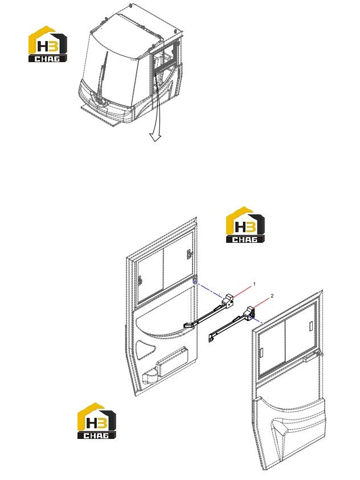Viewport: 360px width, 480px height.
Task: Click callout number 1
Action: pyautogui.click(x=254, y=284)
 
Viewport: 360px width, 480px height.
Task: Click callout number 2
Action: pyautogui.click(x=272, y=296)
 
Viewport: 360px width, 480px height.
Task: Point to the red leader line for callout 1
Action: pyautogui.click(x=243, y=291)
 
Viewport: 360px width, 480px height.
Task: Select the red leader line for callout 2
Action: pyautogui.click(x=261, y=303)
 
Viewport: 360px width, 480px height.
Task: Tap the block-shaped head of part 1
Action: pyautogui.click(x=228, y=299)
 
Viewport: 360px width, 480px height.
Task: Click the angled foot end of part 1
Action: pyautogui.click(x=189, y=326)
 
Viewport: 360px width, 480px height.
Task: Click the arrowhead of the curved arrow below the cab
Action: pyautogui.click(x=156, y=137)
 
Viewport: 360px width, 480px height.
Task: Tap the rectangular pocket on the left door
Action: pyautogui.click(x=171, y=362)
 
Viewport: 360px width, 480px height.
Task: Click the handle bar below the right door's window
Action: pyautogui.click(x=311, y=356)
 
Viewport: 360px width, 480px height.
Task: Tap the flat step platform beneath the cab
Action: pyautogui.click(x=100, y=113)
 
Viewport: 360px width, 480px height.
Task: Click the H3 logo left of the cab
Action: pyautogui.click(x=48, y=44)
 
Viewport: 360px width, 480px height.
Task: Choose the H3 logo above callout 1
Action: pyautogui.click(x=246, y=225)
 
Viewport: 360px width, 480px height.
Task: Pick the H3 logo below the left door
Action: pyautogui.click(x=97, y=421)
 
